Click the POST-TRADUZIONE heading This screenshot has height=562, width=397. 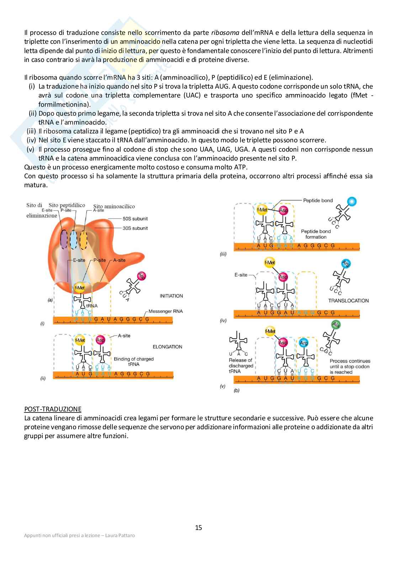point(53,409)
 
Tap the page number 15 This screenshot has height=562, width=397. point(198,527)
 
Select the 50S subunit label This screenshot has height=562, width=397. point(135,219)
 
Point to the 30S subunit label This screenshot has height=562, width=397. point(135,228)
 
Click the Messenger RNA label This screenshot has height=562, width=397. point(165,311)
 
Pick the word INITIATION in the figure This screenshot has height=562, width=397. point(171,296)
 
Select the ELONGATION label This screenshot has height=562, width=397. point(167,347)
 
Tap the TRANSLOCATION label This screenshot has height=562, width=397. point(348,301)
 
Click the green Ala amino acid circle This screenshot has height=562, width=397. point(335,325)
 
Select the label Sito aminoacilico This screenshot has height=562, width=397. point(114,206)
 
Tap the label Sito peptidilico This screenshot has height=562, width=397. point(67,205)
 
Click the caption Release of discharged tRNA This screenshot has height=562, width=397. point(241,366)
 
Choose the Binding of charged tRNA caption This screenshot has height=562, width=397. point(134,362)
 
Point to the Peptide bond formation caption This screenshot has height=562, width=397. point(316,234)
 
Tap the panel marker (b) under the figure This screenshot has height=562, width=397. point(237,390)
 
